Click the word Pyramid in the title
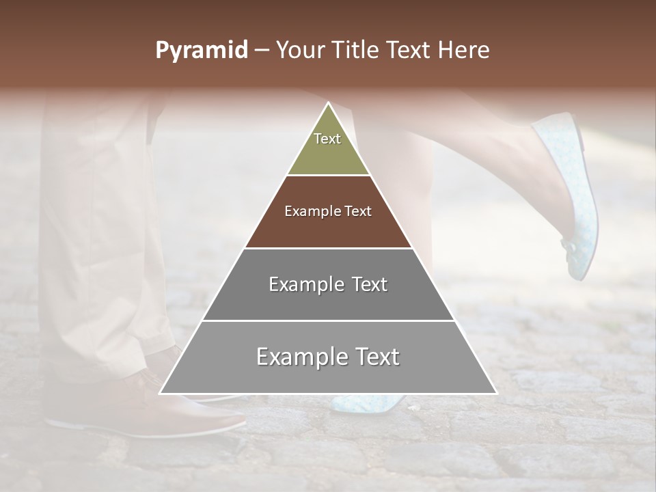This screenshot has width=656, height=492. coord(201,51)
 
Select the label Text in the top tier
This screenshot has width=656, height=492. coord(327,139)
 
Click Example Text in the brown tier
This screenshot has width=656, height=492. coord(328,211)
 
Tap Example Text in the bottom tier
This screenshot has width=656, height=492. coord(328,357)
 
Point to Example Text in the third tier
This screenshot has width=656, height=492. coord(328,284)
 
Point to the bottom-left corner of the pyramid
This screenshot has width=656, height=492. coord(161,393)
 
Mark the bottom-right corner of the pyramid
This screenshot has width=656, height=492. coord(496,393)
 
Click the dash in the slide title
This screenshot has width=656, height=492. coord(262,51)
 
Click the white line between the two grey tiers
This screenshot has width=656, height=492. coord(328,320)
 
